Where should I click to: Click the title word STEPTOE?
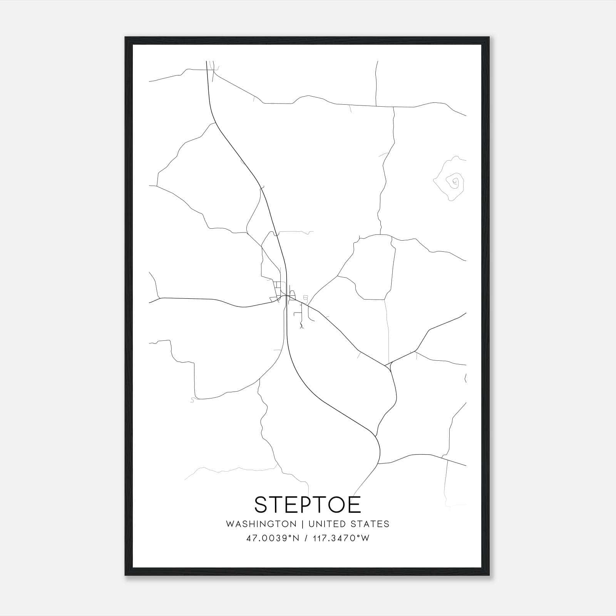[308, 505]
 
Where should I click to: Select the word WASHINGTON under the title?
[261, 524]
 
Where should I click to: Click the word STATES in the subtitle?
[370, 524]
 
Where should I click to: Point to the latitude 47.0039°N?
[273, 538]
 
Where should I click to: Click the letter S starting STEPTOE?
[261, 505]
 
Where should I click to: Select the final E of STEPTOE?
[355, 505]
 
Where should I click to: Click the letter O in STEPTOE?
[336, 505]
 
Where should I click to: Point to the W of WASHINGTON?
[230, 524]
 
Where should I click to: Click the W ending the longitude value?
[365, 538]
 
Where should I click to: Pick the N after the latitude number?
[296, 538]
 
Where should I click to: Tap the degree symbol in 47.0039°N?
[291, 536]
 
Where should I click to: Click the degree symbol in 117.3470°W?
[359, 536]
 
